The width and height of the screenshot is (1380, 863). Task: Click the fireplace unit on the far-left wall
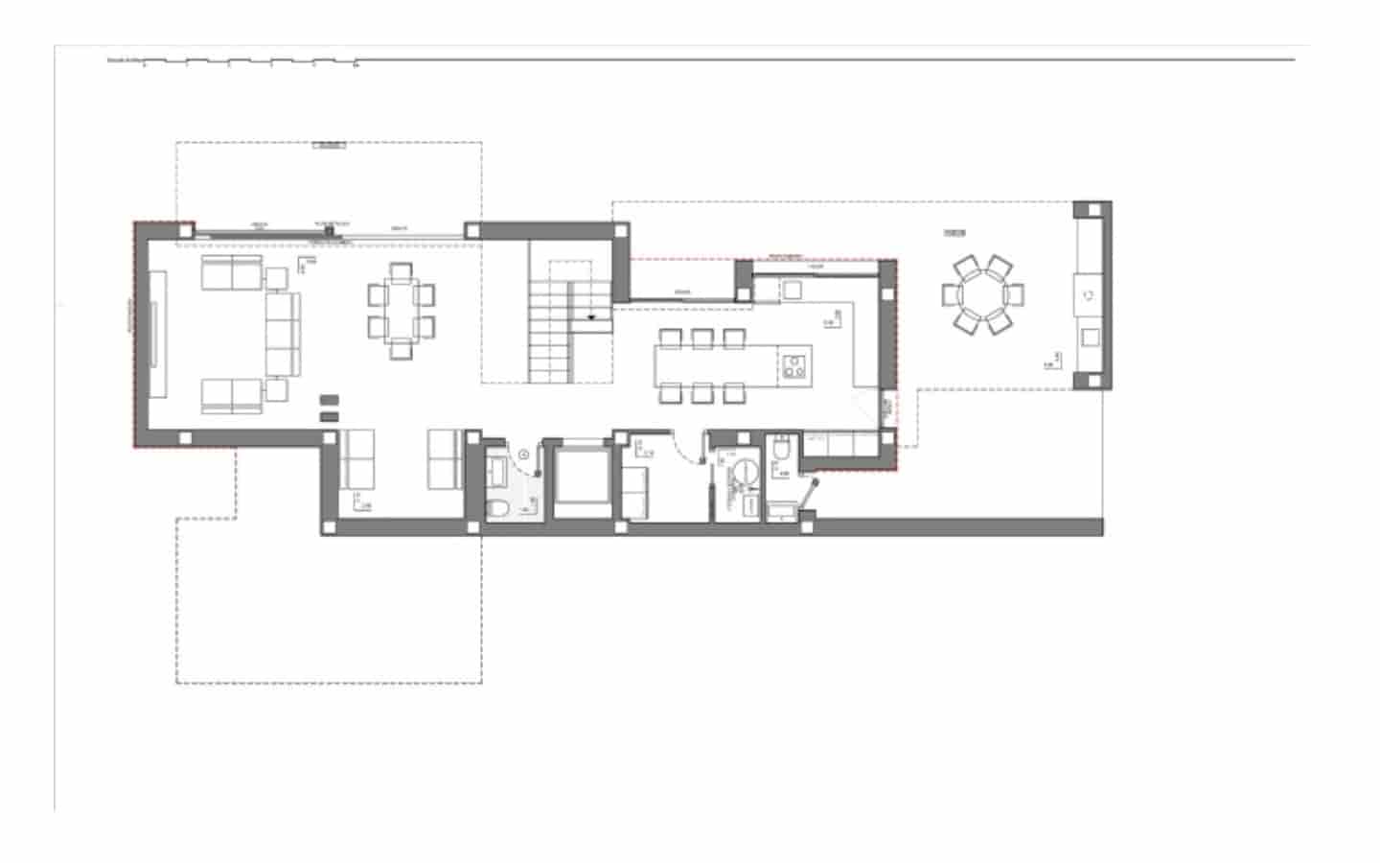[x=157, y=333]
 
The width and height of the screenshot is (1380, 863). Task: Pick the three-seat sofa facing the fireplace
[x=282, y=334]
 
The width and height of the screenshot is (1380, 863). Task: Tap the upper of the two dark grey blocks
[x=329, y=399]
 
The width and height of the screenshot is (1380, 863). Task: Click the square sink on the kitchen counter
[x=792, y=288]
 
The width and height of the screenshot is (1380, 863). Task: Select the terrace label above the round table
[x=954, y=233]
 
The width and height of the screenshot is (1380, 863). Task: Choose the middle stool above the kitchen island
[x=701, y=338]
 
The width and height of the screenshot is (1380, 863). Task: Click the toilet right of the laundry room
[x=781, y=449]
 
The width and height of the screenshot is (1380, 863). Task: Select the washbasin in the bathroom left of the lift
[x=498, y=470]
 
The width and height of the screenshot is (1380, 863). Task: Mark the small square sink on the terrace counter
[x=1091, y=336]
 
